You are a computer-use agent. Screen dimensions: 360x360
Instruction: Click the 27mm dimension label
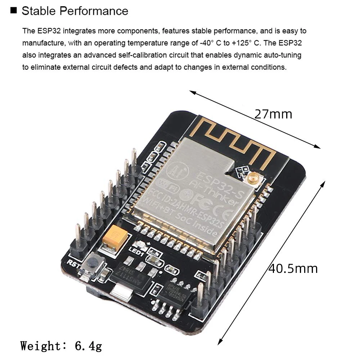[x=273, y=114]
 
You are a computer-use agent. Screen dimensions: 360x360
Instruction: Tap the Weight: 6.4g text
[x=61, y=346]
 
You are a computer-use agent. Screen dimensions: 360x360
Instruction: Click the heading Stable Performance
[x=75, y=11]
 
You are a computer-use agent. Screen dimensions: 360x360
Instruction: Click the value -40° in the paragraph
[x=207, y=43]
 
